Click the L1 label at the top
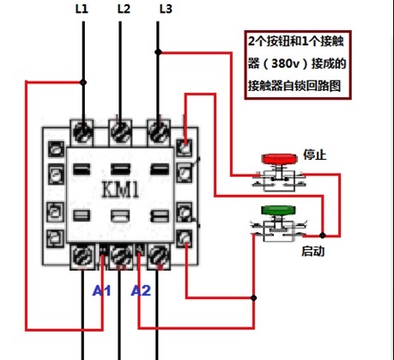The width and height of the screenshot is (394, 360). pos(82,9)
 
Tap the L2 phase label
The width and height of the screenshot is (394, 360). pos(124,9)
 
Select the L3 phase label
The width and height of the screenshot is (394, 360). pos(166,9)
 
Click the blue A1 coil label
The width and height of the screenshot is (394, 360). pos(101,291)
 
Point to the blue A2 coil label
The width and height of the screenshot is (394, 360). pos(141,291)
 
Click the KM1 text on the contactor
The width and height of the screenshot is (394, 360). pos(120,190)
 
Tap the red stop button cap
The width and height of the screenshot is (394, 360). pos(279,159)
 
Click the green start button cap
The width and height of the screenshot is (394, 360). pos(278,211)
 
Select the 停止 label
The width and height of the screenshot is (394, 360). pos(315,155)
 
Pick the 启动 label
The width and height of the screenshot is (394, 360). pos(313,251)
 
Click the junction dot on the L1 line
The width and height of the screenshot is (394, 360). pos(83,82)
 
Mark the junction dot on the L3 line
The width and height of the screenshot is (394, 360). pos(158,52)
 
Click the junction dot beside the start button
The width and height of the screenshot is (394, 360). pos(323,235)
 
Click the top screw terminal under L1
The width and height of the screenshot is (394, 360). pos(82,132)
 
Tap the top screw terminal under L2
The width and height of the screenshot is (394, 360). pos(120,132)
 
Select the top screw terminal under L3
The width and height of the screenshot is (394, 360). pos(158,132)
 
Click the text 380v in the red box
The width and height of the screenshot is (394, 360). pos(285,64)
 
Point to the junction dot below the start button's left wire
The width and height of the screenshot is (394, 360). pos(253,298)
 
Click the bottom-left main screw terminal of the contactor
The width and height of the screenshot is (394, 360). pos(82,256)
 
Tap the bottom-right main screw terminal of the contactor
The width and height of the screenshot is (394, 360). pos(158,256)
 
